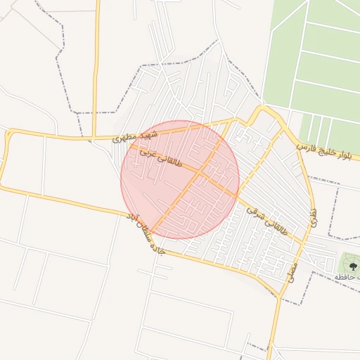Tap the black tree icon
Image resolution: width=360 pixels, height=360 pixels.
(352, 266)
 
